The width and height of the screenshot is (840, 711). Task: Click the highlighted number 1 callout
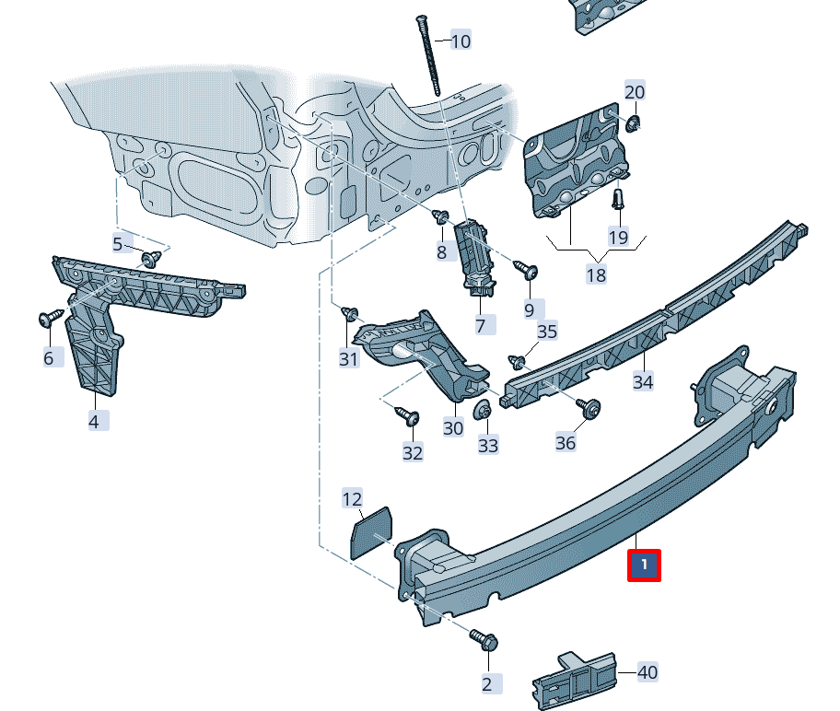[x=645, y=565]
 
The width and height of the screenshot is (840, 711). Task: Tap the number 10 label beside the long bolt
[x=460, y=41]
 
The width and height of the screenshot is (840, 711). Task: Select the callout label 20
[x=635, y=91]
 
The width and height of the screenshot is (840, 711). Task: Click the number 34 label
[x=642, y=381]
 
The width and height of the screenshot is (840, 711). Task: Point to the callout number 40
[x=647, y=672]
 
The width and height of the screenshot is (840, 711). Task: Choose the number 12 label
[x=352, y=499]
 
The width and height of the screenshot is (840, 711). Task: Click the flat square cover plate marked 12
[x=372, y=532]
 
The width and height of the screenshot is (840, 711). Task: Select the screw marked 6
[x=49, y=318]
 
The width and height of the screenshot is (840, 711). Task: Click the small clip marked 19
[x=618, y=198]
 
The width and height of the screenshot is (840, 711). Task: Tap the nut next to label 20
[x=634, y=122]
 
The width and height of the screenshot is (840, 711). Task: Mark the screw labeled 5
[x=150, y=258]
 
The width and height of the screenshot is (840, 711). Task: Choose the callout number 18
[x=596, y=274]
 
